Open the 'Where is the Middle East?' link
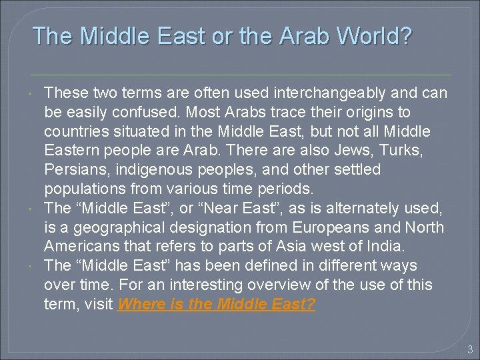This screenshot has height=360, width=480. [217, 305]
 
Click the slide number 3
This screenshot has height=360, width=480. [469, 348]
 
